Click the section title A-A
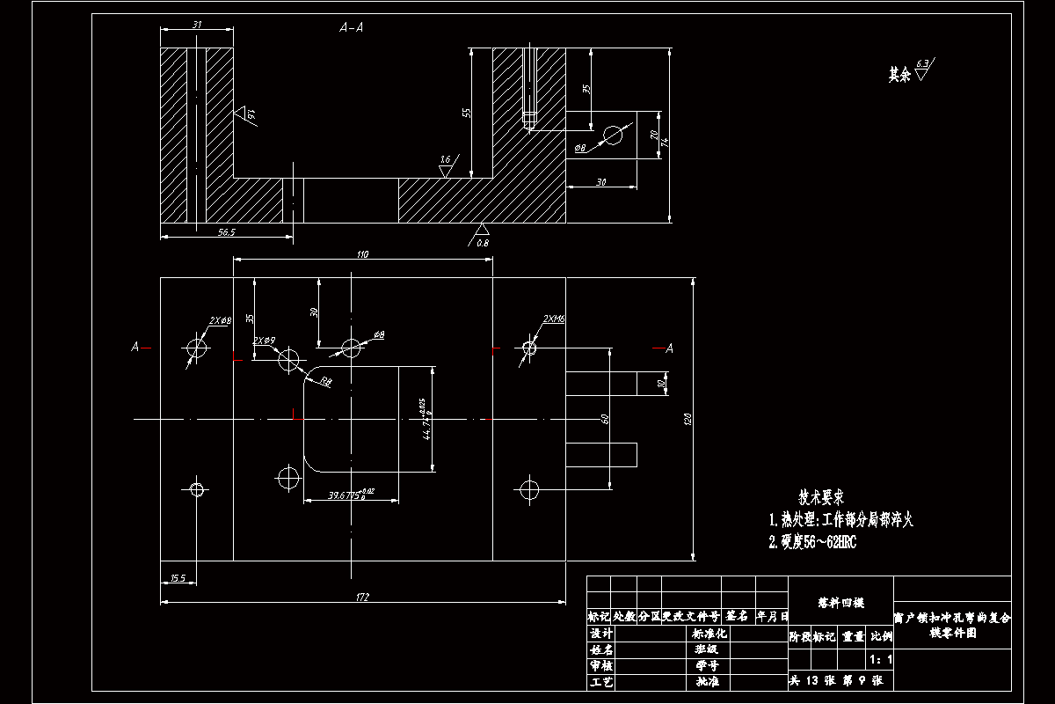pos(352,28)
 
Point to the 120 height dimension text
pos(688,421)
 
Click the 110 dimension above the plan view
pos(362,254)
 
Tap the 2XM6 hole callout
pos(554,319)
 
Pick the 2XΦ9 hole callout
pos(265,340)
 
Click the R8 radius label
pos(326,381)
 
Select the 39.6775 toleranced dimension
pos(351,496)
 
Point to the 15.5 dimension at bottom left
pos(178,578)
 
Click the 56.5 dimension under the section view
pos(226,231)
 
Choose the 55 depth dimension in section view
pos(467,113)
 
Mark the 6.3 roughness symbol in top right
pos(922,70)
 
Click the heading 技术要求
pos(822,497)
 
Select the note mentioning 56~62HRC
pos(812,542)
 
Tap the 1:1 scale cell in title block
pos(880,659)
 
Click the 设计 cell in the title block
pos(600,634)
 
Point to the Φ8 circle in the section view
pos(613,135)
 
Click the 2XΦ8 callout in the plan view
pos(220,321)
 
